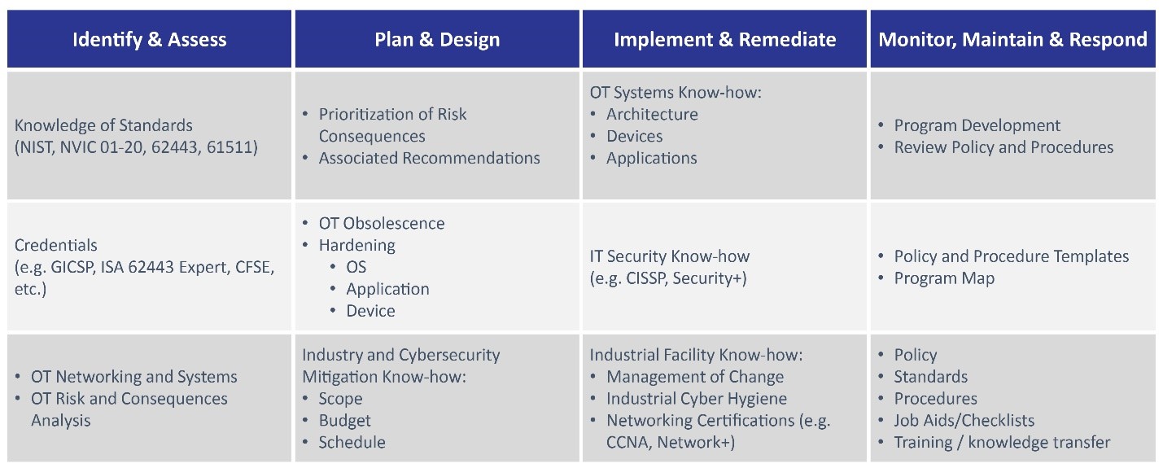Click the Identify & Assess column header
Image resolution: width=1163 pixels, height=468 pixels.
click(150, 40)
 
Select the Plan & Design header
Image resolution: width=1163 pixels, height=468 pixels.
click(437, 40)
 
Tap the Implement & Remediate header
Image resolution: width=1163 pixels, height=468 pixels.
click(725, 40)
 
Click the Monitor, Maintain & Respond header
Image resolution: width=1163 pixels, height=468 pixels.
click(1012, 40)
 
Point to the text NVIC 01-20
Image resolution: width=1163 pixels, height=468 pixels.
click(101, 147)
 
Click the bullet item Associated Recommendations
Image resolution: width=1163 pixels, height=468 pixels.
click(430, 158)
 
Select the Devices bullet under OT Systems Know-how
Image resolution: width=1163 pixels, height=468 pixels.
click(635, 136)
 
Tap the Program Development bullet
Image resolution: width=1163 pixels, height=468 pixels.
click(977, 125)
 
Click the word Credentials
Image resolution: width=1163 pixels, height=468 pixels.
click(55, 245)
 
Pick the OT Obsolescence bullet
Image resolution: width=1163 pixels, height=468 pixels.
click(382, 223)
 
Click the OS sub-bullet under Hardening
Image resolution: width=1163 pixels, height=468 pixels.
click(356, 267)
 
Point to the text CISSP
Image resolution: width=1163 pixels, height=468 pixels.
click(646, 278)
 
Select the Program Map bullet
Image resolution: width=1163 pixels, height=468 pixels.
click(944, 278)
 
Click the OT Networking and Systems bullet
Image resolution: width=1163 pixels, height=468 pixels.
click(134, 377)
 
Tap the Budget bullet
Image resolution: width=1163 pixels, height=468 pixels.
click(345, 420)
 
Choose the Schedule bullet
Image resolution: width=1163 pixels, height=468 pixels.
click(352, 442)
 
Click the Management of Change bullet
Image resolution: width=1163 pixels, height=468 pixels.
click(695, 377)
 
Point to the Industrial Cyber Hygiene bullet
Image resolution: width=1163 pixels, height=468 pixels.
click(697, 398)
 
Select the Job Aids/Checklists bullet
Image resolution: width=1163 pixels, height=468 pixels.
click(964, 420)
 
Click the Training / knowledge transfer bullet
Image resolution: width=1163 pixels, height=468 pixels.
click(1002, 442)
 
